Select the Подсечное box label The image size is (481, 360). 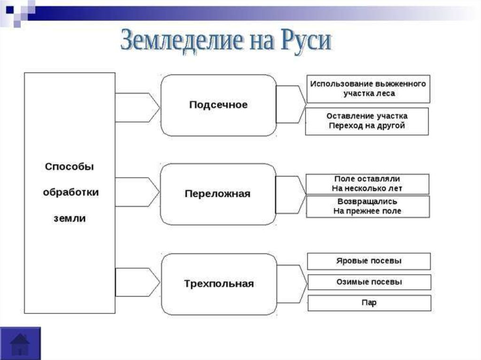[x=218, y=105]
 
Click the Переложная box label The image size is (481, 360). [x=217, y=194]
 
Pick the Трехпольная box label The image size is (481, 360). [x=219, y=283]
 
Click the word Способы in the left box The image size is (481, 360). [x=70, y=167]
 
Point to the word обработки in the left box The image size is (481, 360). [x=71, y=192]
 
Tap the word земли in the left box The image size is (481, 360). [x=70, y=219]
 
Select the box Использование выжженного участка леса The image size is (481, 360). [x=368, y=89]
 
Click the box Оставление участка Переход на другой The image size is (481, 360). [x=367, y=121]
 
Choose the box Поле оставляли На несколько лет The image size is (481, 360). [x=367, y=184]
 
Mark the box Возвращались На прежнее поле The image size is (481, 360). [x=368, y=207]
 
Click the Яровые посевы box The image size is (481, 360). [x=369, y=261]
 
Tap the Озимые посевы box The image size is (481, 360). [x=369, y=282]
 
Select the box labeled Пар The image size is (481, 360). [x=369, y=303]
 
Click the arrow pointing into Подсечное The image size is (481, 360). [x=138, y=107]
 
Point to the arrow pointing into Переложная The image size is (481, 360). [x=138, y=192]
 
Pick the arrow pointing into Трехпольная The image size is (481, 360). [x=138, y=282]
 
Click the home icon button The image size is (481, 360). [x=20, y=344]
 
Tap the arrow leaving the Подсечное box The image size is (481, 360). [x=291, y=104]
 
